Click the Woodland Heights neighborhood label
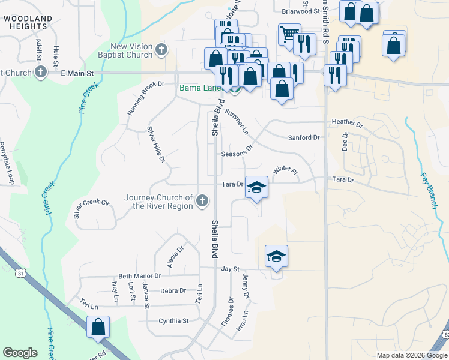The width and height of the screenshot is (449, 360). click(28, 23)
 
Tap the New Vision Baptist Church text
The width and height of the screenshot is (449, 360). click(131, 51)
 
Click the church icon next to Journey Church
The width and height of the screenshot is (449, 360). click(202, 200)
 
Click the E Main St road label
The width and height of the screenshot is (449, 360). click(77, 73)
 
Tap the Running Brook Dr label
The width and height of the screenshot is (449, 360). click(145, 98)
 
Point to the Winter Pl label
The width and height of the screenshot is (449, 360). click(285, 171)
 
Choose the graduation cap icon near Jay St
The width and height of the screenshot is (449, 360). click(276, 257)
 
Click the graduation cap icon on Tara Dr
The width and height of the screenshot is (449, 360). click(256, 187)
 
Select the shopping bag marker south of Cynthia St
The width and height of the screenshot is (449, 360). click(98, 328)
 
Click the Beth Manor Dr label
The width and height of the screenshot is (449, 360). click(140, 276)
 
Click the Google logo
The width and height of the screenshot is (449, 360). click(20, 353)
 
